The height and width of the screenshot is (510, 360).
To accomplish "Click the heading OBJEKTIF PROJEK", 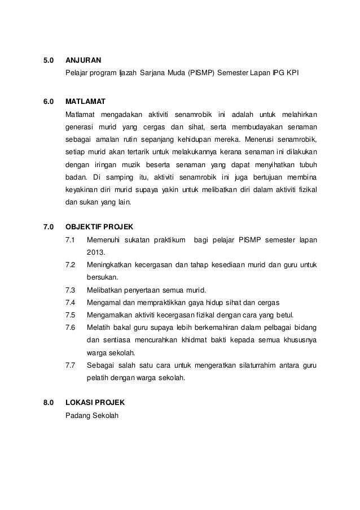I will click(99, 227).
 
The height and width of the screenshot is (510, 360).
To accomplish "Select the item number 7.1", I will click(71, 241).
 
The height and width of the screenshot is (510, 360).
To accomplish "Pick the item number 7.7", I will click(71, 365).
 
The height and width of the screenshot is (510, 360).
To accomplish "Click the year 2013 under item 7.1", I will click(96, 252).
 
